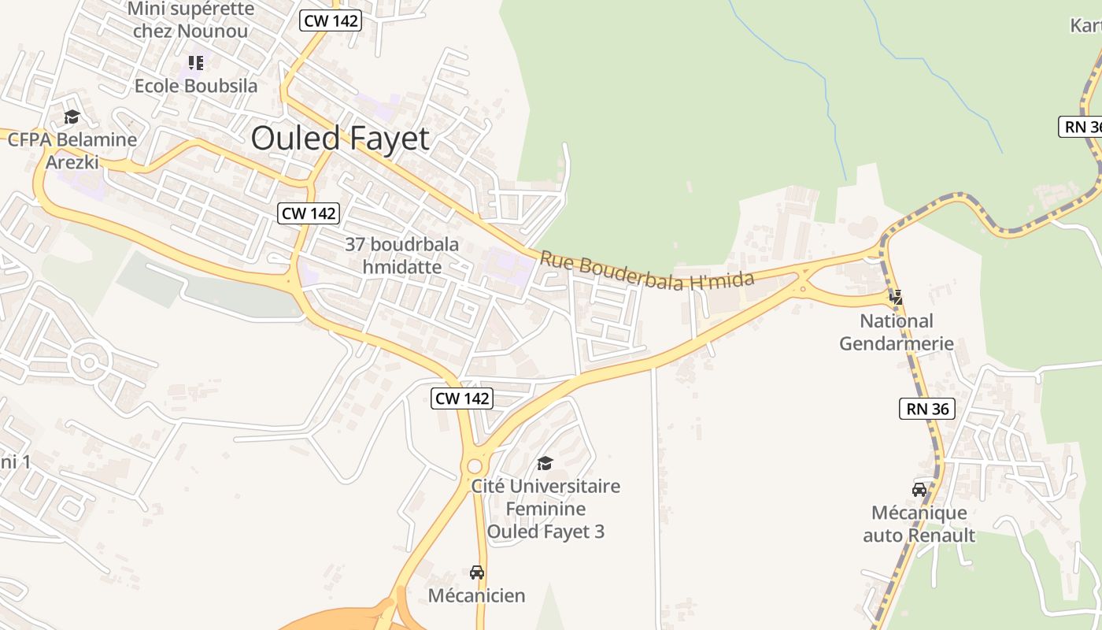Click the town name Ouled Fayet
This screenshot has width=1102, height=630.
click(x=340, y=139)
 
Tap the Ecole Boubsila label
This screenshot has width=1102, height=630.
click(x=196, y=86)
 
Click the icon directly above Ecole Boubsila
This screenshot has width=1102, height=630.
click(x=196, y=62)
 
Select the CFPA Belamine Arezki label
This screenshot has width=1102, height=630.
click(x=72, y=150)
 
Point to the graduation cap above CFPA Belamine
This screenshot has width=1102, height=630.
click(x=72, y=117)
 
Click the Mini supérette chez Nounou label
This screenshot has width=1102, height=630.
click(x=190, y=20)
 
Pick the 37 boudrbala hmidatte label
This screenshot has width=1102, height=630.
click(x=401, y=255)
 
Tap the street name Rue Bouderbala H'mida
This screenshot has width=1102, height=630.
click(x=646, y=270)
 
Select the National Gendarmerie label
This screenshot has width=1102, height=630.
click(x=896, y=332)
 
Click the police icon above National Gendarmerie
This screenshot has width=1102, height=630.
click(x=896, y=297)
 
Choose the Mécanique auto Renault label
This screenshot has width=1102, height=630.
click(x=919, y=524)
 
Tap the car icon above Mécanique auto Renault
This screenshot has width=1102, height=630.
click(x=919, y=489)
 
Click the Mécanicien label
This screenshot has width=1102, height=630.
click(x=476, y=595)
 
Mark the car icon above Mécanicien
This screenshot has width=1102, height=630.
click(x=476, y=572)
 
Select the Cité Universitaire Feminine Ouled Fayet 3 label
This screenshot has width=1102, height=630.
click(x=545, y=509)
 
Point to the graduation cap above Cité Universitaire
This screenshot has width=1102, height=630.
click(x=545, y=463)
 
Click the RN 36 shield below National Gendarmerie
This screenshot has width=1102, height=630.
click(x=926, y=409)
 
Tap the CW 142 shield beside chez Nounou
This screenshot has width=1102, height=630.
click(x=331, y=20)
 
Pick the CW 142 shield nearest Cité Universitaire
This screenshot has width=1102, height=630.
click(x=463, y=398)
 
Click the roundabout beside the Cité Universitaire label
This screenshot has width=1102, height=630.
click(x=475, y=465)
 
